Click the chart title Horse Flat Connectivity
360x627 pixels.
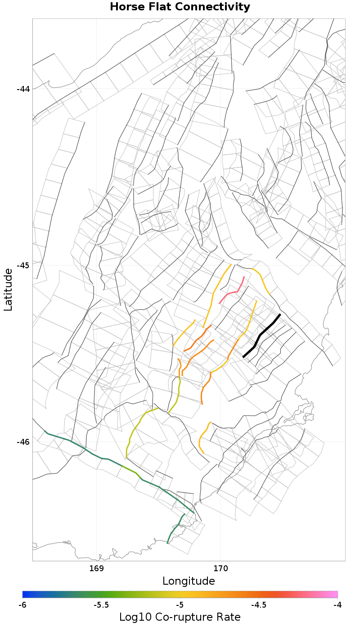point(180,7)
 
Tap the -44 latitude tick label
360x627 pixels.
point(23,89)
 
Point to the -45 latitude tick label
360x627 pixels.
point(23,265)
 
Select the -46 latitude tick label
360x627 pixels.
point(23,442)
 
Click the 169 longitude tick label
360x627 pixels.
point(97,568)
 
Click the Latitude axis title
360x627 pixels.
point(8,289)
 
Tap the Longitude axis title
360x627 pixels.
point(189,581)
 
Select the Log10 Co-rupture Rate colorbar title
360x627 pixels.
point(180,617)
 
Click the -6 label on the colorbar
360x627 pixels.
point(22,605)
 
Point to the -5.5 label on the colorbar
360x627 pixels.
point(101,605)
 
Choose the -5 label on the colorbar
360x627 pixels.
point(180,605)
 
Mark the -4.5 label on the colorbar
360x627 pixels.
point(259,605)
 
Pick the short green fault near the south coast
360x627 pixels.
point(175,528)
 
